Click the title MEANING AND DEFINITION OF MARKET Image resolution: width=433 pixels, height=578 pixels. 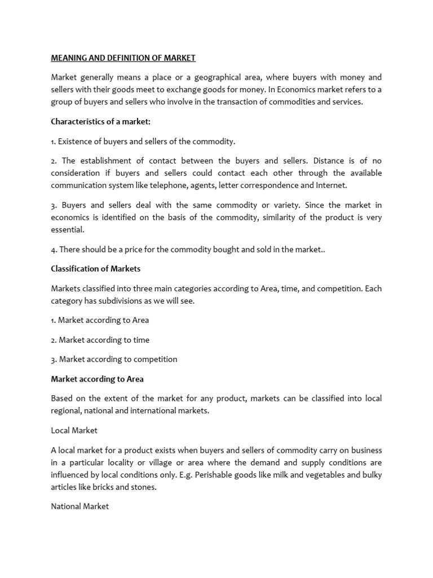(123, 58)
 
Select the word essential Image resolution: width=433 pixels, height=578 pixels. (67, 230)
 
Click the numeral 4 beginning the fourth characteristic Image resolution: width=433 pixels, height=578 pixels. (53, 249)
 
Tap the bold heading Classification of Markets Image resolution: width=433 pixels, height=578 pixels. (95, 269)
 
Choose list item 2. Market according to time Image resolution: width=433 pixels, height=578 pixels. (100, 340)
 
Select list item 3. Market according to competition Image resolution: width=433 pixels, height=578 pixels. (114, 359)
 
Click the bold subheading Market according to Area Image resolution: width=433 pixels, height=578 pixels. (97, 379)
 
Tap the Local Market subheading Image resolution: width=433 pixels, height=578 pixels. (74, 430)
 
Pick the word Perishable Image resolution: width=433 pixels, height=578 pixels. (218, 475)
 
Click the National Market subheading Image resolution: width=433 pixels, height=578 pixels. (79, 506)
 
